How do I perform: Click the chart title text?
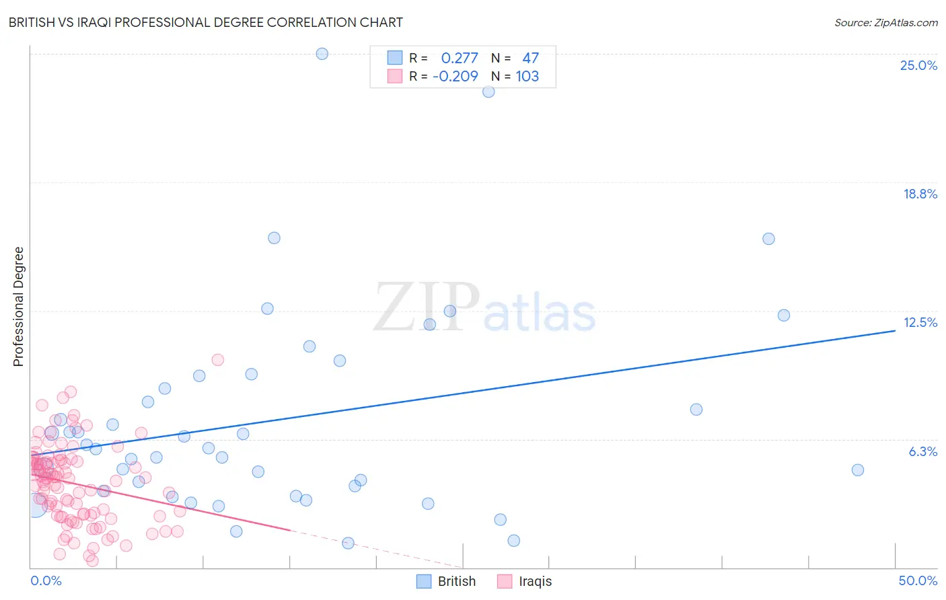(x=205, y=22)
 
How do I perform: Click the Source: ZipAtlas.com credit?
(x=885, y=22)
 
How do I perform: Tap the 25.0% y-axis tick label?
(x=918, y=65)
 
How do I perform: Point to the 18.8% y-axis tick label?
(x=920, y=194)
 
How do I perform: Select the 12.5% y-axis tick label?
(x=920, y=322)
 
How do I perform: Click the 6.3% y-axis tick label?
(x=922, y=451)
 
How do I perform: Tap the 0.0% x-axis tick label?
(x=46, y=580)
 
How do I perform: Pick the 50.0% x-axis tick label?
(x=918, y=580)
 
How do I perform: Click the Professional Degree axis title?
(x=18, y=307)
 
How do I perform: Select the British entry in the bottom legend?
(x=456, y=581)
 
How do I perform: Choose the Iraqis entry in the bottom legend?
(x=535, y=581)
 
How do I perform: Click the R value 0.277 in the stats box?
(x=459, y=58)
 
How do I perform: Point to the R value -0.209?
(x=456, y=76)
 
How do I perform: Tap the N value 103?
(x=527, y=76)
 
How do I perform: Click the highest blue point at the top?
(x=322, y=54)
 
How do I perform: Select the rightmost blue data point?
(x=857, y=470)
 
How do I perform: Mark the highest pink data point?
(x=217, y=360)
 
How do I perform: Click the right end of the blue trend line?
(x=895, y=330)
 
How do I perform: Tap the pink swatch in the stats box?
(x=394, y=76)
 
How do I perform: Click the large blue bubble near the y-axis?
(x=35, y=504)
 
